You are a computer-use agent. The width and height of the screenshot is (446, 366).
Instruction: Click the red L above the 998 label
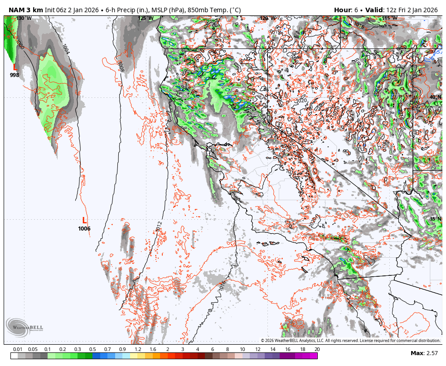pyautogui.click(x=15, y=67)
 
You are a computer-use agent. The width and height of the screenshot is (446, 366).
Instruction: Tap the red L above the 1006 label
pyautogui.click(x=84, y=221)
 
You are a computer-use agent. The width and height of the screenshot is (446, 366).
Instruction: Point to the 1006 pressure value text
pyautogui.click(x=84, y=229)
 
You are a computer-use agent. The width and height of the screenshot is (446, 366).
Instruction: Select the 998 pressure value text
pyautogui.click(x=15, y=75)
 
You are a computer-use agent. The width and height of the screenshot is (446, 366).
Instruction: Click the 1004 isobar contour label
pyautogui.click(x=66, y=49)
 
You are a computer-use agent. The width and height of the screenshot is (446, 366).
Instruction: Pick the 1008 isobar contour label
pyautogui.click(x=120, y=67)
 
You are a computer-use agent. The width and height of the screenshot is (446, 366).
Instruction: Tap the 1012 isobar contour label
pyautogui.click(x=159, y=227)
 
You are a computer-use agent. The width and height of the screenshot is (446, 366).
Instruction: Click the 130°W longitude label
pyautogui.click(x=24, y=19)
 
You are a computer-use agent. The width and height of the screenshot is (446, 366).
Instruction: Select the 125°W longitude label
pyautogui.click(x=145, y=19)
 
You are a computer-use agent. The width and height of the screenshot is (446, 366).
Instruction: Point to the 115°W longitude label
pyautogui.click(x=389, y=19)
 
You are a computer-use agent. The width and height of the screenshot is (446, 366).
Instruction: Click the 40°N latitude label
pyautogui.click(x=436, y=97)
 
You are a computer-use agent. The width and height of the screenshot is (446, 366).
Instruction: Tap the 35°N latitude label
pyautogui.click(x=436, y=219)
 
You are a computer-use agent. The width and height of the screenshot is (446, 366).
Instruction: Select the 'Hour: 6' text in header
pyautogui.click(x=346, y=10)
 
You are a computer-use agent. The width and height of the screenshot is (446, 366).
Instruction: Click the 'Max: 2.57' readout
pyautogui.click(x=424, y=353)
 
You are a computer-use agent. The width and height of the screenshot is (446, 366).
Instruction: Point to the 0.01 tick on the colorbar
pyautogui.click(x=18, y=349)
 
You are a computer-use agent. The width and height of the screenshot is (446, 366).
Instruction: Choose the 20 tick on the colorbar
pyautogui.click(x=317, y=349)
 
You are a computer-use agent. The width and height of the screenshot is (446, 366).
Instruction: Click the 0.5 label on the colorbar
pyautogui.click(x=92, y=349)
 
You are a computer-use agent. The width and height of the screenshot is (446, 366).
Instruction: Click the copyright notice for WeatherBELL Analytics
pyautogui.click(x=350, y=341)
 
